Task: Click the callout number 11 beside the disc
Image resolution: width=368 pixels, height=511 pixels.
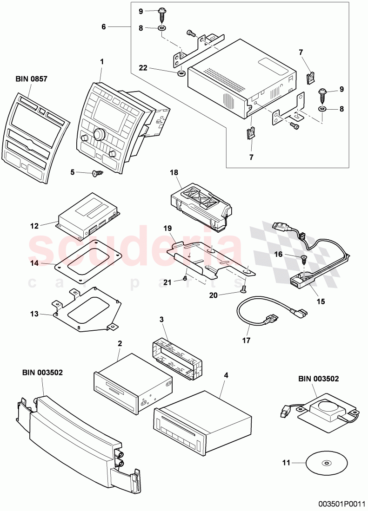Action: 287,463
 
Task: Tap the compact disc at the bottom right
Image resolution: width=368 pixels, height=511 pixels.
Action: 327,463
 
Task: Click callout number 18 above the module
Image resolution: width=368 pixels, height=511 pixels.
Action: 174,172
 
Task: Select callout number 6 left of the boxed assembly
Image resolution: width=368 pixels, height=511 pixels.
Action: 104,27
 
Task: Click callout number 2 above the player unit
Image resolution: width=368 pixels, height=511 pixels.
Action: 120,344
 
